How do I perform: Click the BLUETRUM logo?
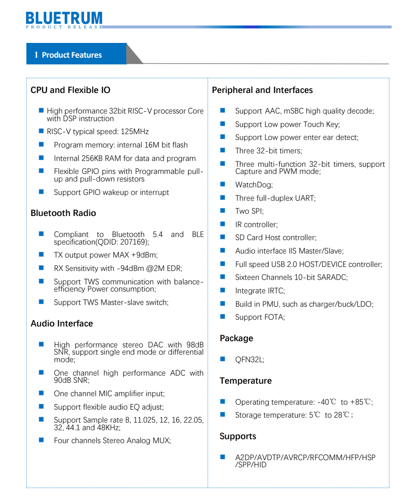(x=64, y=19)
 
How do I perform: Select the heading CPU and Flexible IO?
(x=70, y=90)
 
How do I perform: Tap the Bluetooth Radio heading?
(x=63, y=213)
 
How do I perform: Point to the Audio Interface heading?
(x=62, y=323)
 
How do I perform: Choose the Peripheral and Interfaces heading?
(x=262, y=90)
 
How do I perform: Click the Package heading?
(x=236, y=338)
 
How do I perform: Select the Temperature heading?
(x=245, y=381)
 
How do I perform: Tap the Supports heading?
(x=238, y=436)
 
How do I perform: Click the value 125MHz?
(x=135, y=131)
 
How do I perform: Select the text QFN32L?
(x=249, y=360)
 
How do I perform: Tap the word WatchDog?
(x=253, y=184)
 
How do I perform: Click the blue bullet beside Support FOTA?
(x=223, y=317)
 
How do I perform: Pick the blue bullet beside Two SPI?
(x=223, y=211)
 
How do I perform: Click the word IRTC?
(x=274, y=291)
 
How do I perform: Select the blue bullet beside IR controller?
(x=223, y=224)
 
